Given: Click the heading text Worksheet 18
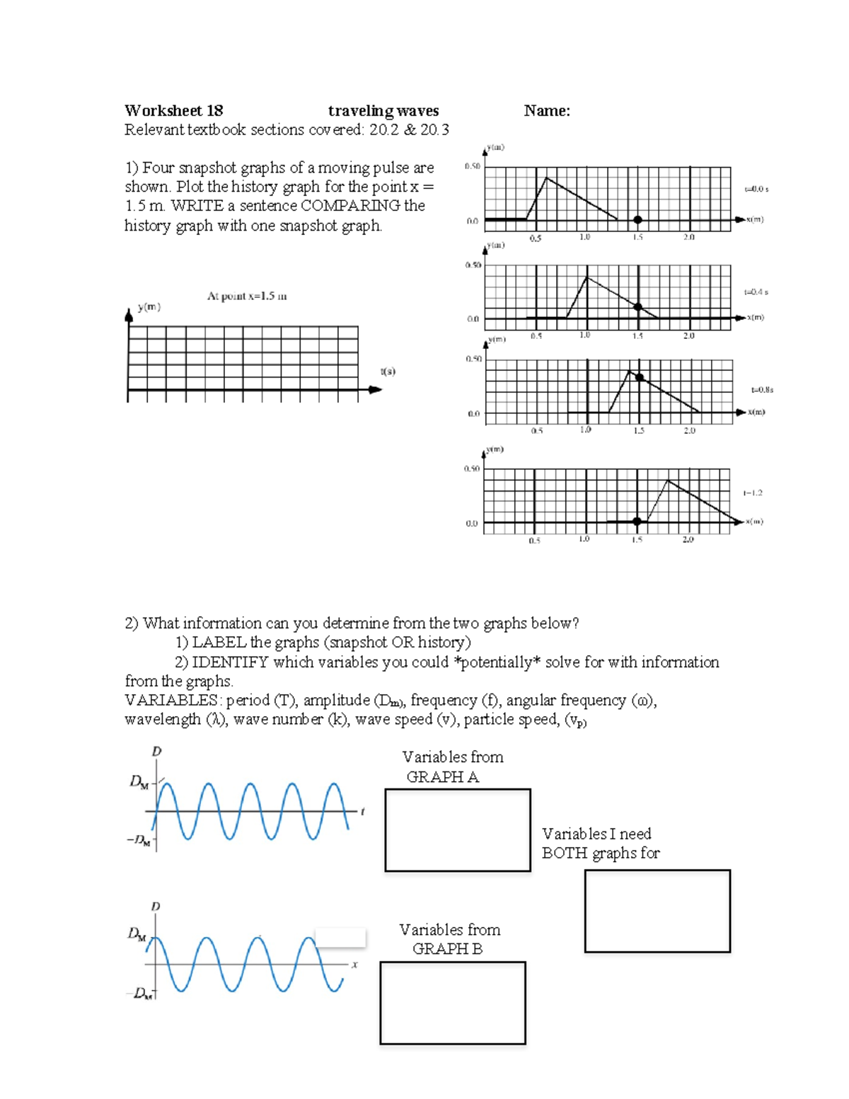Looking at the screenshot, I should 173,110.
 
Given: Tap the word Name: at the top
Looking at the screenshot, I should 547,110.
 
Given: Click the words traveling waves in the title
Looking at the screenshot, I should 383,110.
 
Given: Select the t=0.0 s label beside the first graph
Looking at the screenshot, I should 756,189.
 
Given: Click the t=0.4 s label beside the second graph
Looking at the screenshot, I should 756,292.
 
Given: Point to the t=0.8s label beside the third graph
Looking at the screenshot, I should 762,389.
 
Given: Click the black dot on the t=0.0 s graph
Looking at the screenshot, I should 637,220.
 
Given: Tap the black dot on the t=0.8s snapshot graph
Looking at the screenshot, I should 640,377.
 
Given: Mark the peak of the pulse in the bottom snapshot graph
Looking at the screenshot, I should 667,481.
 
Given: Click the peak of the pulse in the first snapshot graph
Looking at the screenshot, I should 546,178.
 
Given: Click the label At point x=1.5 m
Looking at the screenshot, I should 247,296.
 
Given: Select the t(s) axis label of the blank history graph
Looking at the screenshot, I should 388,371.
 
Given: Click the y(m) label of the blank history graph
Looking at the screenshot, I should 149,307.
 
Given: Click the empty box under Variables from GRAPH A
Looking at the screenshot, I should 458,830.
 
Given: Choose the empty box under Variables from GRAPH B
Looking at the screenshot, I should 453,1003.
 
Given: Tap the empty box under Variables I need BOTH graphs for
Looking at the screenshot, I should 657,911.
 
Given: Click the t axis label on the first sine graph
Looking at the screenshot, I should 362,812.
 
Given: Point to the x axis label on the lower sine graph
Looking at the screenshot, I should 354,964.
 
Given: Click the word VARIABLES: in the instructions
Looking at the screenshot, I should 172,700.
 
